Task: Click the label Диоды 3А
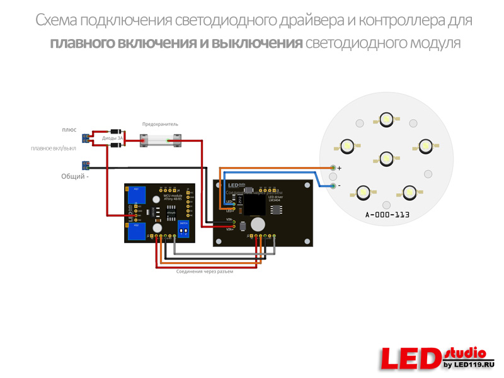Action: tap(113, 137)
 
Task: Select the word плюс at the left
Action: tap(69, 129)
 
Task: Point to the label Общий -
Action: tap(74, 176)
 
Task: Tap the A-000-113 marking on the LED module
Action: tap(387, 215)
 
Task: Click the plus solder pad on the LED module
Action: tap(333, 168)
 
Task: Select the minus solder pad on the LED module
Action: tap(333, 185)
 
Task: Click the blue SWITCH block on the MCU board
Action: tap(183, 229)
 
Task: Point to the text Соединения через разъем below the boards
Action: tap(204, 272)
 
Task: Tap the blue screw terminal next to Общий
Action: tap(86, 166)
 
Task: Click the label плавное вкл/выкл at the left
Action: tap(54, 149)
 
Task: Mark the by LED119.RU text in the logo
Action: tap(469, 365)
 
